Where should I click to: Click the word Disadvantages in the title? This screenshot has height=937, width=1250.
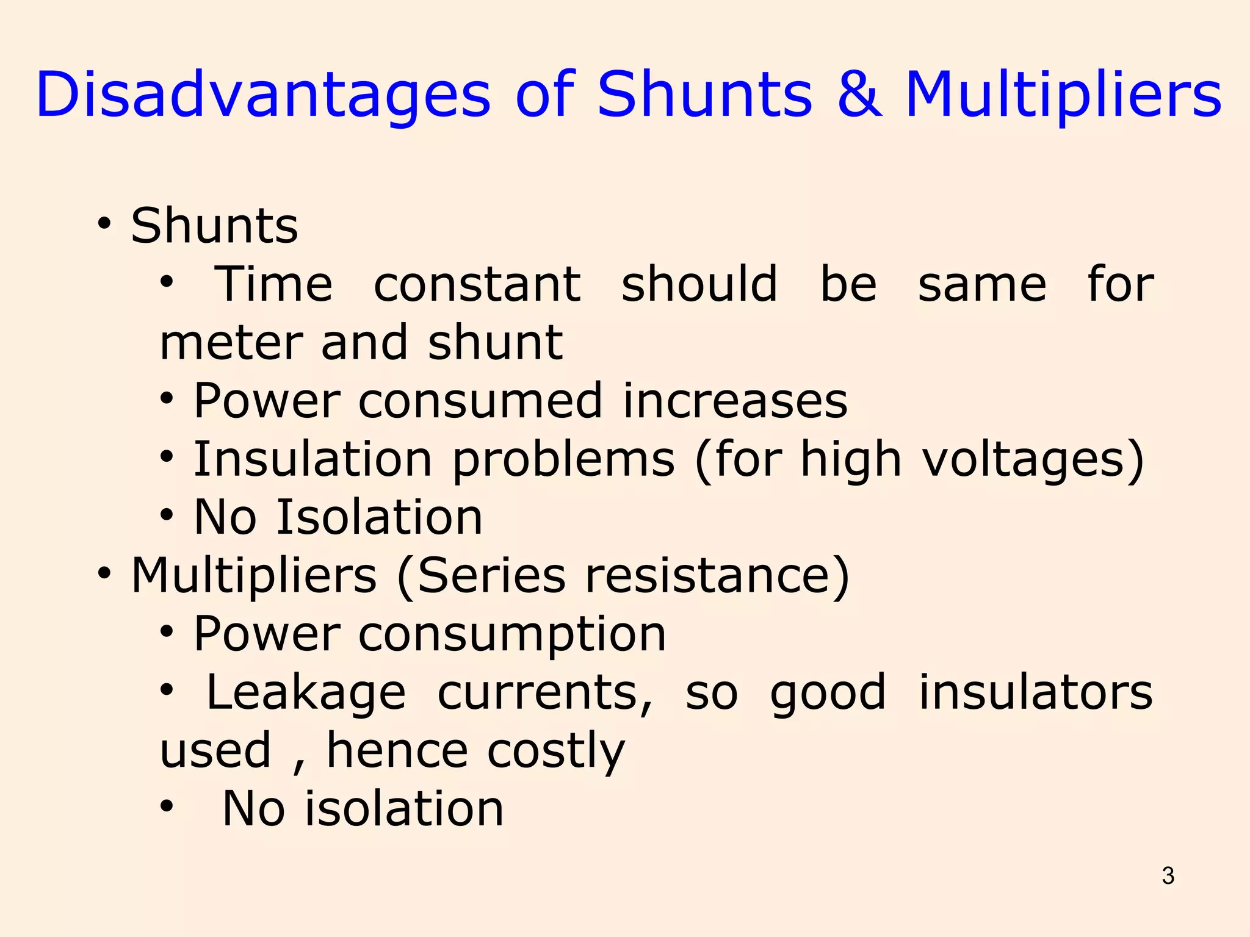point(263,95)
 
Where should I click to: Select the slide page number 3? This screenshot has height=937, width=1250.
point(1168,876)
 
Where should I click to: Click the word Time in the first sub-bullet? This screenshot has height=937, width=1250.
point(274,284)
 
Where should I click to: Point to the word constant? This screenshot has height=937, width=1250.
point(477,284)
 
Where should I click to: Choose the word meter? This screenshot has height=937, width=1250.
point(230,343)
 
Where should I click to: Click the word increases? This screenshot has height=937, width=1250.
point(735,401)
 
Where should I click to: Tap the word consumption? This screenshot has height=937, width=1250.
point(512,634)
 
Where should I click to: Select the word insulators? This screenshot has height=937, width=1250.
point(1036,692)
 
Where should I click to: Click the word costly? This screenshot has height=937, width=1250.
point(556,751)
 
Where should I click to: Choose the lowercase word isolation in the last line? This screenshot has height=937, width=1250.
point(404,809)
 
